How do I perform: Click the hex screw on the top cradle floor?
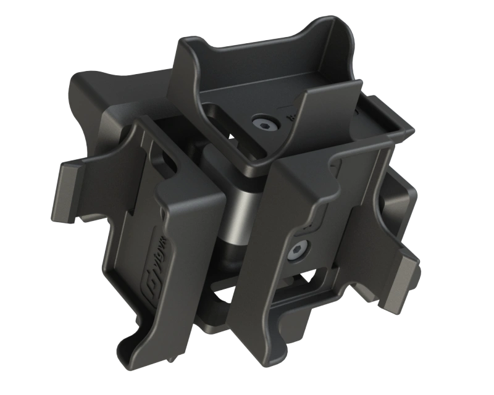pos(267,125)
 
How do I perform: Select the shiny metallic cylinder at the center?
pos(244,210)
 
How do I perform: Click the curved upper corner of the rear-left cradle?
pos(83,80)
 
